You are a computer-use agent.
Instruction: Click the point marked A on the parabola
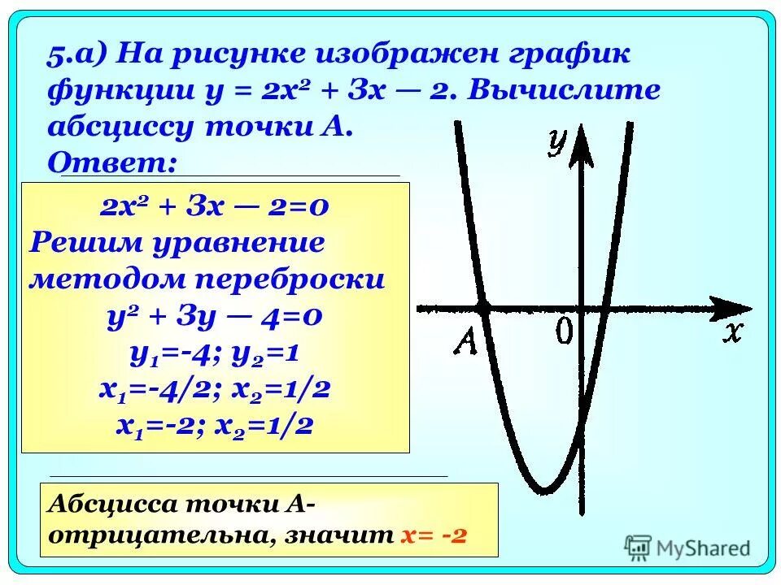coord(482,308)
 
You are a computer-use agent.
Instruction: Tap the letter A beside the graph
coord(466,340)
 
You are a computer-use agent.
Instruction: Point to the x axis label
coord(734,333)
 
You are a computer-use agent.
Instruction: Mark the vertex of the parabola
coord(545,489)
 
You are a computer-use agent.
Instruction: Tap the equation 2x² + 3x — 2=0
coord(215,207)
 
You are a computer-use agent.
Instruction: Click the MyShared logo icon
coord(638,546)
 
